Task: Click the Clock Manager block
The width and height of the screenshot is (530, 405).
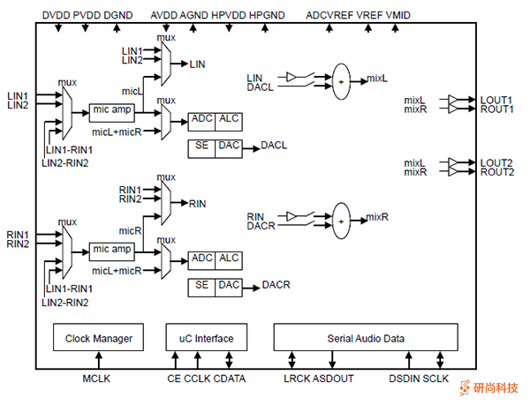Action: tap(99, 338)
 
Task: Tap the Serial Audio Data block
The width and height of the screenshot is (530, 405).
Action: tap(366, 338)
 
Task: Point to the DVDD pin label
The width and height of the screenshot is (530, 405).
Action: tap(57, 15)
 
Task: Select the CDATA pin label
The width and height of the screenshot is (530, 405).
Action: tap(231, 379)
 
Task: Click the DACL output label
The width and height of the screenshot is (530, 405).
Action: tap(274, 145)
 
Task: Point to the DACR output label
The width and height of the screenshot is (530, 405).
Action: tap(276, 284)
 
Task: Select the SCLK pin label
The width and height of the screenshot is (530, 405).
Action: tap(436, 379)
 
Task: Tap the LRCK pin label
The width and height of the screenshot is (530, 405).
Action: tap(298, 379)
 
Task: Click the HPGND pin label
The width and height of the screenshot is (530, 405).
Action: tap(267, 15)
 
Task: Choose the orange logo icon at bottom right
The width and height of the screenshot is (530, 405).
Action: tap(467, 386)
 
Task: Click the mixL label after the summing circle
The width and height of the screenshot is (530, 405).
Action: tap(378, 80)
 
